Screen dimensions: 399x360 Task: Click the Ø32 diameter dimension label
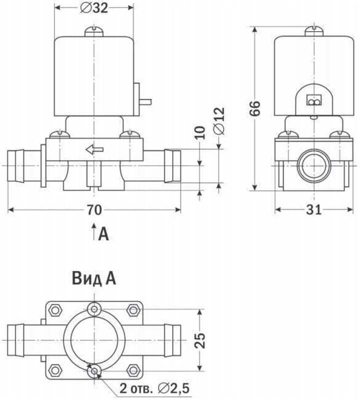click(x=93, y=8)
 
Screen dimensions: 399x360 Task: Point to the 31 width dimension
click(x=313, y=210)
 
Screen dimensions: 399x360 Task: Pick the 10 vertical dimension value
click(x=200, y=132)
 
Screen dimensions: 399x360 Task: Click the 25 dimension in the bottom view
click(x=200, y=341)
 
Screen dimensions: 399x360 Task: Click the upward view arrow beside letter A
click(x=94, y=232)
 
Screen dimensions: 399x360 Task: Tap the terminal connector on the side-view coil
click(x=314, y=102)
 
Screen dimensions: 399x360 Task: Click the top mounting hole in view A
click(x=94, y=308)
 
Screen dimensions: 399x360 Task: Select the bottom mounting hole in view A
click(x=94, y=371)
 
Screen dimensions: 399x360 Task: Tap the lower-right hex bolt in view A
click(x=133, y=370)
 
